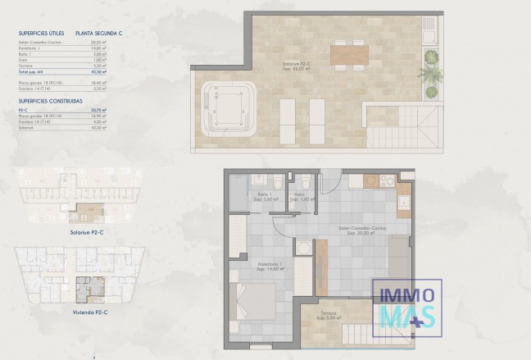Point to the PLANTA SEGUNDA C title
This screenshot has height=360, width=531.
[100, 33]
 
